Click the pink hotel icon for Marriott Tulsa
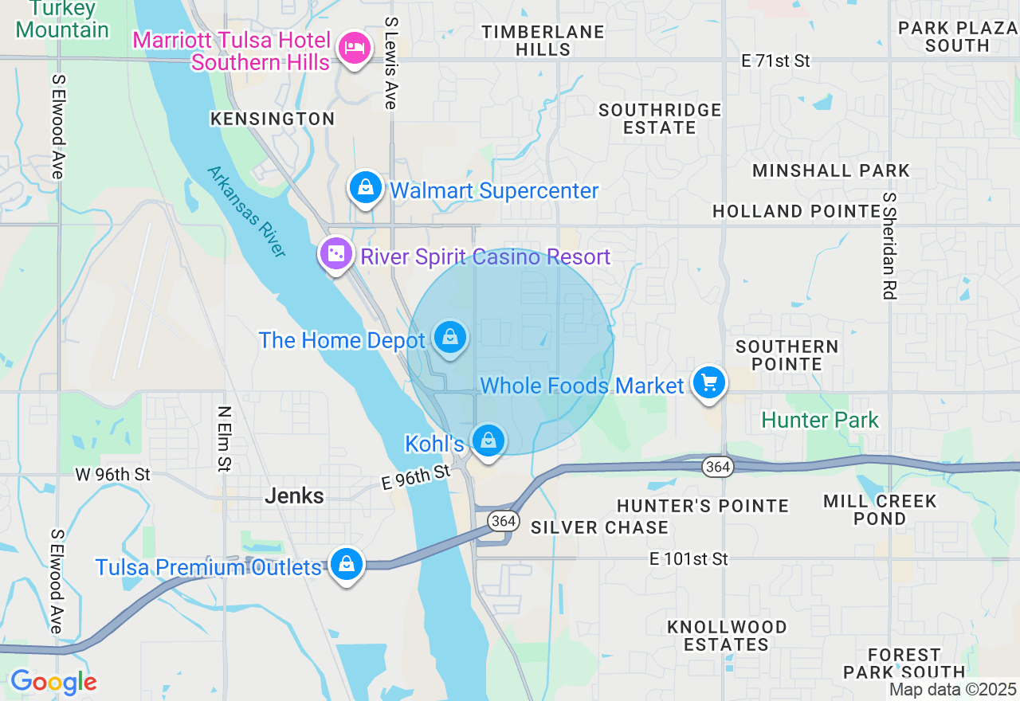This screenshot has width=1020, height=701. (x=354, y=49)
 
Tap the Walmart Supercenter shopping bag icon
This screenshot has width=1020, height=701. (x=365, y=188)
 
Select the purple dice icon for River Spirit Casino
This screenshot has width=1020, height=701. (x=336, y=254)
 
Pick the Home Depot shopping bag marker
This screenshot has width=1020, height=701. (x=450, y=338)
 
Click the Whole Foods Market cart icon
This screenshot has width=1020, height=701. (x=708, y=384)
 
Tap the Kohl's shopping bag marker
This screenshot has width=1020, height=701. (x=488, y=441)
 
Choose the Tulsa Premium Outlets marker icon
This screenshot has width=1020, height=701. (x=346, y=565)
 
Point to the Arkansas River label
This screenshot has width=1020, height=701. (x=245, y=211)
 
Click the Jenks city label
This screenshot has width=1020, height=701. (x=294, y=496)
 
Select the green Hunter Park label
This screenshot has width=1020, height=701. (x=820, y=420)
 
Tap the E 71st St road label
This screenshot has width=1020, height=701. (x=775, y=61)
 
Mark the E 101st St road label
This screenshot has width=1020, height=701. (x=688, y=559)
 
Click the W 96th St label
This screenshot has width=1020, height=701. (x=112, y=475)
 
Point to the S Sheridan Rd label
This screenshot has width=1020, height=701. (x=889, y=246)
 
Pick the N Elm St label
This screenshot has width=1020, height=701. (x=224, y=438)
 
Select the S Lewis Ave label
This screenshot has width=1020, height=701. (x=390, y=64)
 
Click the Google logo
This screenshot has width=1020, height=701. (x=53, y=683)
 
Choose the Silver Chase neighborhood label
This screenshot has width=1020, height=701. (x=599, y=527)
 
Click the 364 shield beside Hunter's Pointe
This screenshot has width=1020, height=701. (x=718, y=467)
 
